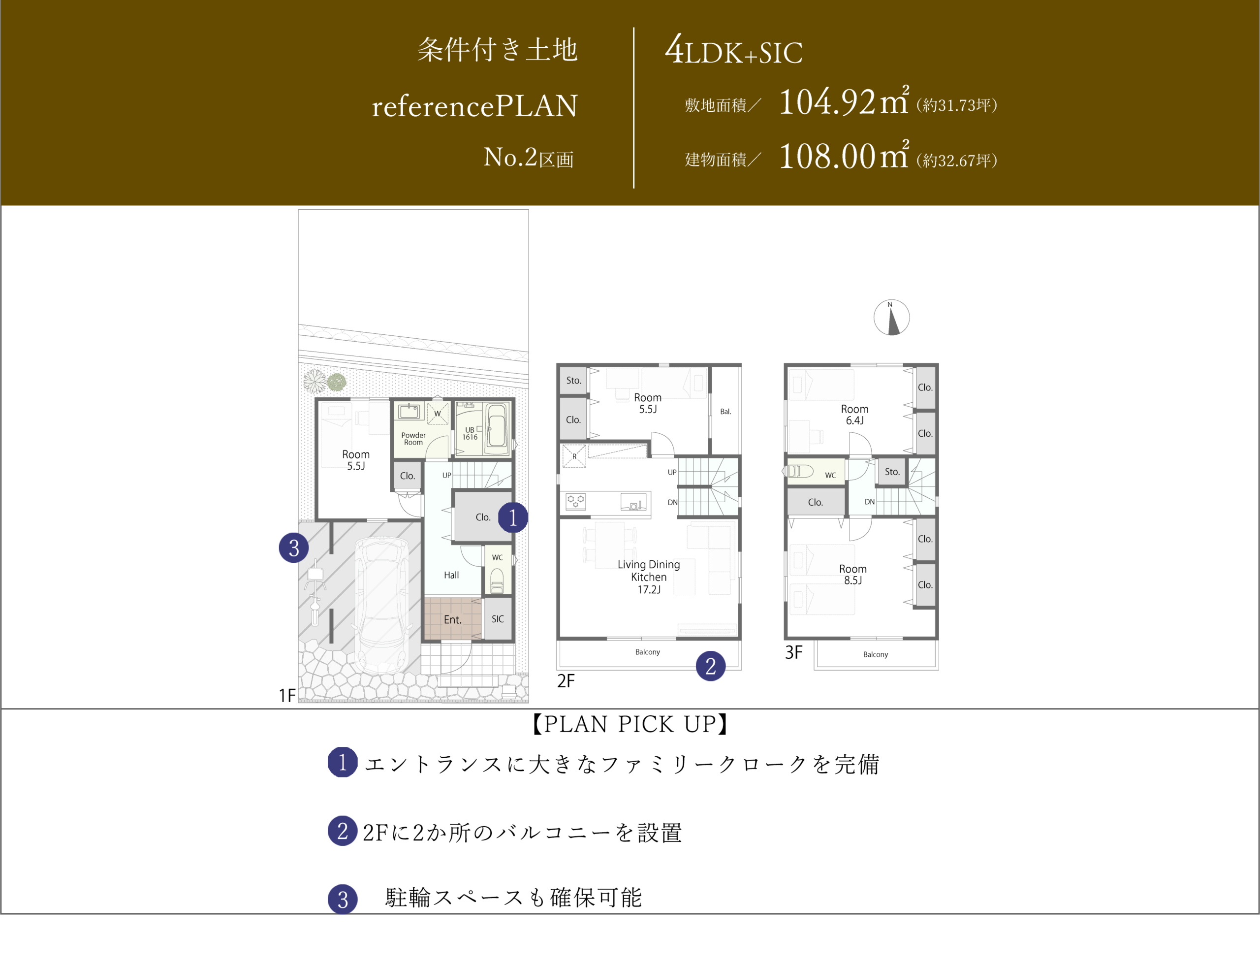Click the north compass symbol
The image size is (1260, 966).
click(891, 318)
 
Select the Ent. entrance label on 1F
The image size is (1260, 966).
click(452, 620)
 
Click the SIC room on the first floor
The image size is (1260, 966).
click(498, 619)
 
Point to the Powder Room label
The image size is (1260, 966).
click(413, 439)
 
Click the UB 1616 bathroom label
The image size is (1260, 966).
click(470, 434)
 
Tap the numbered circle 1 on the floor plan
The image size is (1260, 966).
click(513, 517)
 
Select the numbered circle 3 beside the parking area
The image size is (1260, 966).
click(294, 547)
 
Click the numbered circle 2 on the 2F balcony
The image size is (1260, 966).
click(711, 666)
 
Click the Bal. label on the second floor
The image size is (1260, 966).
click(726, 412)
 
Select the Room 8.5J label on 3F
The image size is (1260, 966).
click(853, 575)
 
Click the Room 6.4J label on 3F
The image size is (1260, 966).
click(855, 415)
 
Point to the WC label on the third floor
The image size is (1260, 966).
click(831, 476)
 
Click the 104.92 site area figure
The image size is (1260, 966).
click(827, 102)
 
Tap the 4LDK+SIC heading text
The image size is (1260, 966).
click(733, 50)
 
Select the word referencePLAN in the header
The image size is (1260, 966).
click(475, 106)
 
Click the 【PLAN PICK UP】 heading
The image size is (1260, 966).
click(630, 724)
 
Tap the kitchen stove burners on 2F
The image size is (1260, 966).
click(576, 501)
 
